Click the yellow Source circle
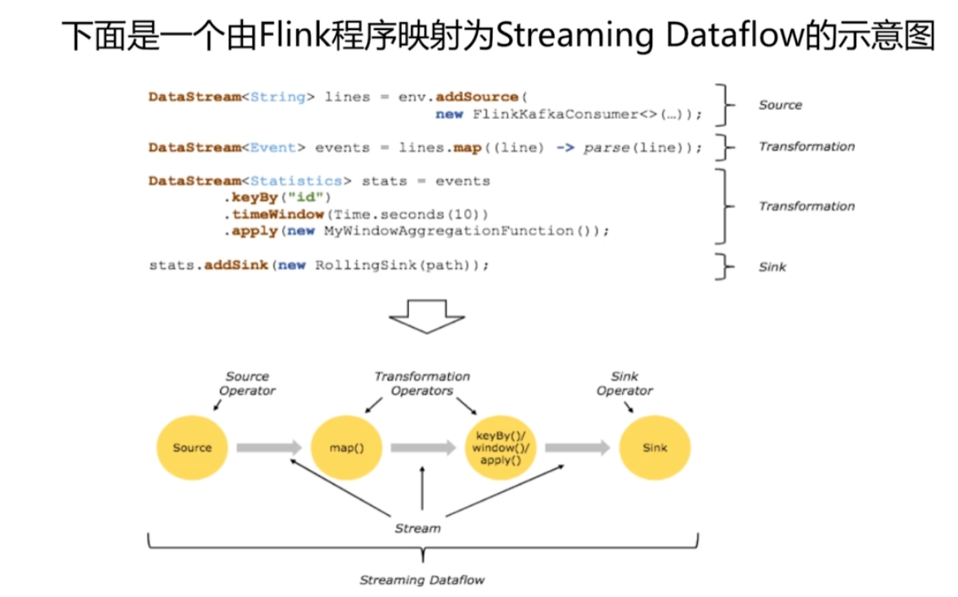click(x=192, y=447)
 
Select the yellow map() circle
click(x=346, y=447)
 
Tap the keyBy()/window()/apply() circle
click(x=500, y=447)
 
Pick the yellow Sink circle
click(x=655, y=447)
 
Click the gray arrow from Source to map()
click(x=269, y=447)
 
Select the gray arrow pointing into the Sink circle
click(x=577, y=447)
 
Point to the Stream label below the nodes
click(x=417, y=528)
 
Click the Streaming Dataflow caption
click(x=422, y=580)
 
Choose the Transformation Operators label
click(x=422, y=383)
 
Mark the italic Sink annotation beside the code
click(x=773, y=267)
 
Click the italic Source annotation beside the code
click(x=780, y=105)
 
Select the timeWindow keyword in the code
click(x=278, y=215)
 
